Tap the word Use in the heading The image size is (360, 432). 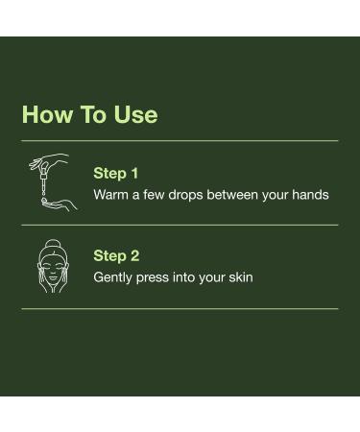coord(135,114)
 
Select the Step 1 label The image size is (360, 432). coord(116,173)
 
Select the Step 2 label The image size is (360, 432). coord(116,255)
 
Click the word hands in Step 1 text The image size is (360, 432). coord(309,195)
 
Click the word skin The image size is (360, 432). coord(240,277)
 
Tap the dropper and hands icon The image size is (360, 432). coord(49,181)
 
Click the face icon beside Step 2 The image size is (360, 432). coord(52,266)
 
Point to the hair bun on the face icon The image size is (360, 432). coord(52,245)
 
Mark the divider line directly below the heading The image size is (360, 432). coord(180,141)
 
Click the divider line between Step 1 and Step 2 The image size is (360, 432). coord(180,225)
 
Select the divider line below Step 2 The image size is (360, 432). coord(180,309)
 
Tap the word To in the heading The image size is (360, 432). coord(93,114)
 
